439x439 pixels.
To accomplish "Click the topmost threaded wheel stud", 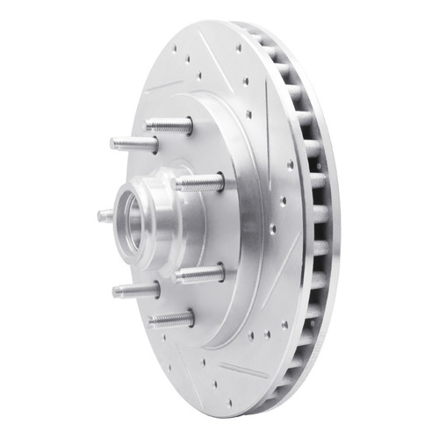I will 169,125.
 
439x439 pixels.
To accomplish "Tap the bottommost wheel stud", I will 170,319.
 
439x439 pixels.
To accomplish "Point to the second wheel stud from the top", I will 134,143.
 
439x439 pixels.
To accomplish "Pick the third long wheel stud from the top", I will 199,183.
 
